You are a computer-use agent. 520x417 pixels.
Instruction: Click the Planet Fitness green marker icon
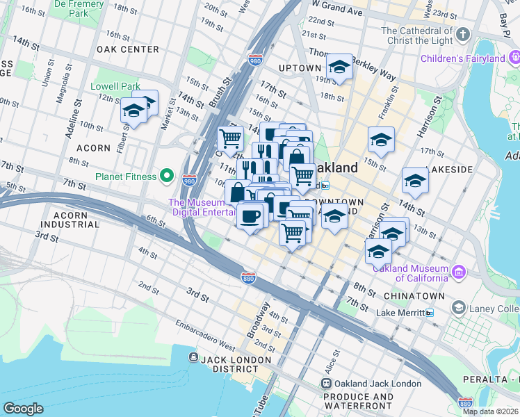[x=166, y=176]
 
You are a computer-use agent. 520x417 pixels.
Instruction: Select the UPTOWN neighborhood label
[x=299, y=68]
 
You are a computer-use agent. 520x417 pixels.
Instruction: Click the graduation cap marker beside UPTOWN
[x=339, y=67]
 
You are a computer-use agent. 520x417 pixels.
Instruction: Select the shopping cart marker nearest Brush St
[x=230, y=138]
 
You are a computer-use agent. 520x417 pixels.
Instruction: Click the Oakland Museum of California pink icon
[x=459, y=272]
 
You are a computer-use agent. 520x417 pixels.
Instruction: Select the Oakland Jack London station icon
[x=325, y=384]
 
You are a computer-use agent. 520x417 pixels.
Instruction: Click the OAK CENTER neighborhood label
[x=128, y=49]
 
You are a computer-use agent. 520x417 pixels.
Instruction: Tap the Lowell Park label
[x=115, y=87]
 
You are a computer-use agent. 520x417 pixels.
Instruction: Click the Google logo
[x=23, y=409]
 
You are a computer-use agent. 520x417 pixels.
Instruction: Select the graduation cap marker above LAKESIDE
[x=414, y=181]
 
